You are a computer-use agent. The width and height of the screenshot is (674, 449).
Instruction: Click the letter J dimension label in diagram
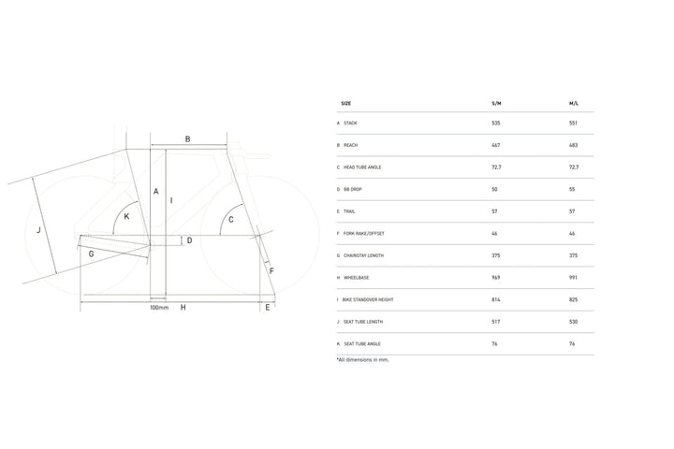point(38,230)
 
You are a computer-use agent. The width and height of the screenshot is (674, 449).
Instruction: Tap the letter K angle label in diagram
point(126,217)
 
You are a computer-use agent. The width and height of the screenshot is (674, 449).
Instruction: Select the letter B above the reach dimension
point(188,139)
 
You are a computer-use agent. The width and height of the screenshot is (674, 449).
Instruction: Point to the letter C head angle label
point(231,220)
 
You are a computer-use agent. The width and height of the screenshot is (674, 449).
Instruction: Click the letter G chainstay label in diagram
point(91,253)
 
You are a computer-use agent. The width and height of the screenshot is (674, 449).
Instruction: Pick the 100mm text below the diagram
point(159,308)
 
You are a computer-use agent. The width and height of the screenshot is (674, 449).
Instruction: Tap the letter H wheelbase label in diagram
point(183,308)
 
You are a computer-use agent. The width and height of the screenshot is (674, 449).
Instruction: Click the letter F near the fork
point(271,271)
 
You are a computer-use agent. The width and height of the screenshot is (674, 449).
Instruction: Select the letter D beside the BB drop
point(189,240)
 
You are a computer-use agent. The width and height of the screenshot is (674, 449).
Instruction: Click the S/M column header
point(496,104)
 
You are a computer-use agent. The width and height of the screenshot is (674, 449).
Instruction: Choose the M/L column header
point(574,104)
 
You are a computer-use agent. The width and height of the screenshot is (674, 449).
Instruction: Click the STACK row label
point(350,123)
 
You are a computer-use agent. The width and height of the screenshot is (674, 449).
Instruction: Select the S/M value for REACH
point(496,145)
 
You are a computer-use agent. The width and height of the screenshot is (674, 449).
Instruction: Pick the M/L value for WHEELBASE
point(574,278)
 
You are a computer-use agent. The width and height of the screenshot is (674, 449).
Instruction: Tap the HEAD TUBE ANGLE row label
point(362,167)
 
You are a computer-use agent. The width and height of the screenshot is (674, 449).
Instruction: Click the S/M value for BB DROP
point(494,190)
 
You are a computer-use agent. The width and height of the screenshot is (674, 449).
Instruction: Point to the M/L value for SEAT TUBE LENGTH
point(574,322)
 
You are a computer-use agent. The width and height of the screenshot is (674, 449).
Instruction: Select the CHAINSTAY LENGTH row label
point(363,255)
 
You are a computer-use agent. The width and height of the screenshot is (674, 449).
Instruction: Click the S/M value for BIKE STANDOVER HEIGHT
point(496,300)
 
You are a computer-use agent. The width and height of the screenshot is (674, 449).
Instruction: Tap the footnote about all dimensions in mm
point(363,360)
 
